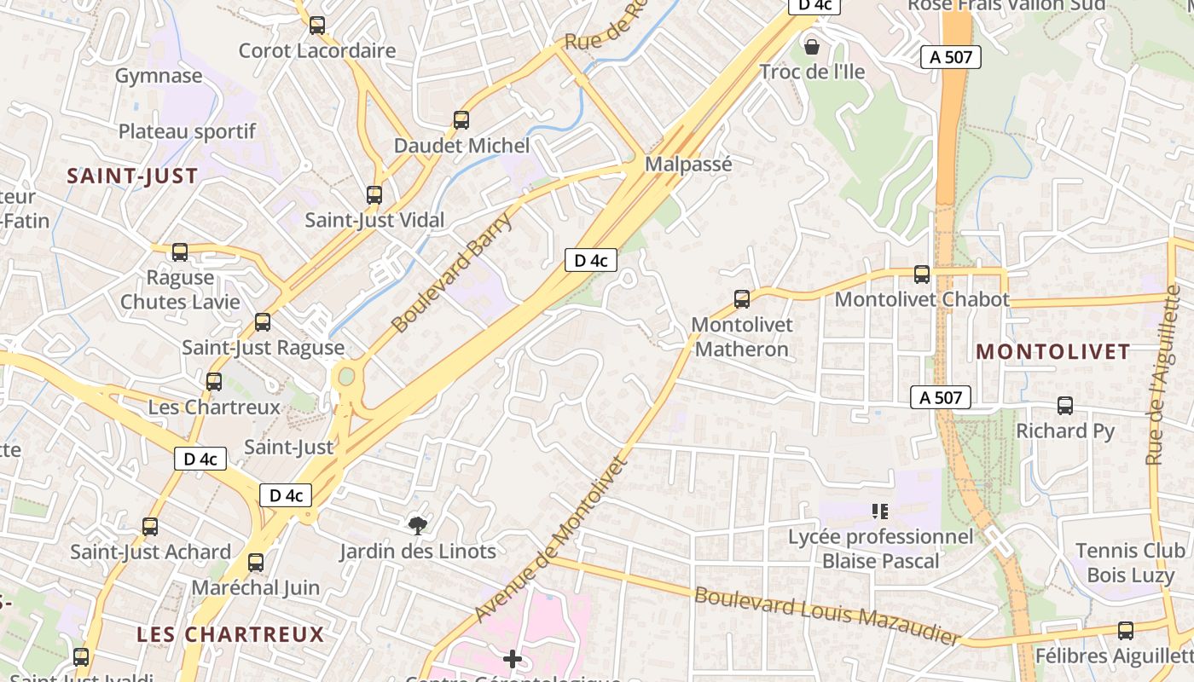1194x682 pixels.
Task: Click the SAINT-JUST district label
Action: (132, 176)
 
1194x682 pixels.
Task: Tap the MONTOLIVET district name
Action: (1053, 351)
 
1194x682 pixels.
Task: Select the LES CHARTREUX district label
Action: (230, 634)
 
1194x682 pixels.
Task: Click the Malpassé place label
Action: (688, 164)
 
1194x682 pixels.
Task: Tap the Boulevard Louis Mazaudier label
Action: (827, 616)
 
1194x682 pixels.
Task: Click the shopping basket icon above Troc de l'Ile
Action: (811, 46)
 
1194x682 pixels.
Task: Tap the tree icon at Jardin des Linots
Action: (417, 524)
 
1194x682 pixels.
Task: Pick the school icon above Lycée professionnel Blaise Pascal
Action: (880, 511)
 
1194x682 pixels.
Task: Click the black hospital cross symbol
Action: (512, 658)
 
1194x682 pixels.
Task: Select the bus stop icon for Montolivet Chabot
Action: (921, 275)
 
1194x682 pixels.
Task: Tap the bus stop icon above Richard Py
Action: (1064, 406)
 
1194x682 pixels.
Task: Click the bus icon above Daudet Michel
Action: (461, 120)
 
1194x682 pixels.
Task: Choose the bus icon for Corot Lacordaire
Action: (317, 26)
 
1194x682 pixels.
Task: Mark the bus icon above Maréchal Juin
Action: (255, 563)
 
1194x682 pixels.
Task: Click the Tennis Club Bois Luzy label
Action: (1130, 563)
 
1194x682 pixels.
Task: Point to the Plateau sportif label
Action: (187, 131)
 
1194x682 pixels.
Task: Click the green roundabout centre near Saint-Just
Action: (345, 376)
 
